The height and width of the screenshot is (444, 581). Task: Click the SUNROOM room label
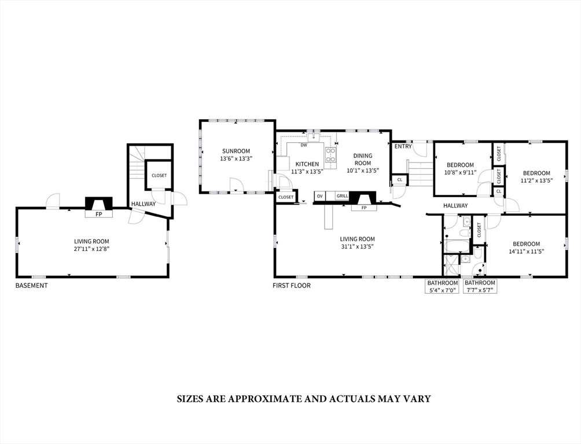(235, 151)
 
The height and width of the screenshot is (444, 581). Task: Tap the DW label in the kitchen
(303, 145)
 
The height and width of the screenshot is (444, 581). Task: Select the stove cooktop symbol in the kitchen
(330, 154)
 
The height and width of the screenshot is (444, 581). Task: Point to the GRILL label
(342, 197)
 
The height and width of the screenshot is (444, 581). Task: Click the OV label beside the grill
(319, 197)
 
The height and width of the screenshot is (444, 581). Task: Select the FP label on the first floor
(363, 208)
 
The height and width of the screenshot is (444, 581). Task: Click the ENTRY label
(403, 146)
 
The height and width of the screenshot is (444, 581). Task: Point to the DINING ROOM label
(363, 159)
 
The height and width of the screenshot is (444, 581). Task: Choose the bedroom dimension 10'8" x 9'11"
(459, 172)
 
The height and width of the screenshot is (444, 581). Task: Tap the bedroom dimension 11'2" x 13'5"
(536, 180)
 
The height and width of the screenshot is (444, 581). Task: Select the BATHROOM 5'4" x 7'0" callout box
(443, 287)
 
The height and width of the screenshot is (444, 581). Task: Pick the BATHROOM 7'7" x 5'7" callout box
(480, 287)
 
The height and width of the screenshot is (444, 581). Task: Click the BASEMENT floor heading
(31, 286)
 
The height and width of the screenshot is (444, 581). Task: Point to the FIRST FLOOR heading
(292, 286)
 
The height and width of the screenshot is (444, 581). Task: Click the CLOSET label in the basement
(159, 175)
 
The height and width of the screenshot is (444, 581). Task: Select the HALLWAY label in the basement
(143, 204)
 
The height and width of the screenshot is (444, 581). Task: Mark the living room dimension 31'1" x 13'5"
(357, 247)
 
